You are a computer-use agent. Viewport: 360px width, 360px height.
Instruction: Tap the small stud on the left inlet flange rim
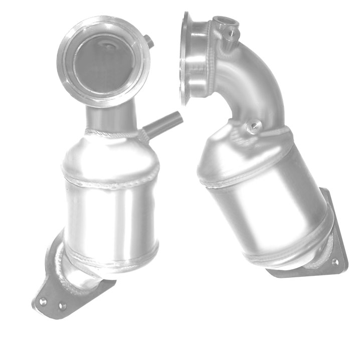[149, 42]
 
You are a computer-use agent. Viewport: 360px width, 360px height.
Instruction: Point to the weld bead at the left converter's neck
[113, 134]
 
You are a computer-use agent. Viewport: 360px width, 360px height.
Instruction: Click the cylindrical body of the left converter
[110, 218]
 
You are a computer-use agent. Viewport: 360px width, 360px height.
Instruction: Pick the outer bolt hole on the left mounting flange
[44, 302]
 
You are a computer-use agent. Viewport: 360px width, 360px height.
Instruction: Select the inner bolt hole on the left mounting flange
[62, 305]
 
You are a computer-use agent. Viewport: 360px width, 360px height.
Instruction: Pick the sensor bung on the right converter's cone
[253, 125]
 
